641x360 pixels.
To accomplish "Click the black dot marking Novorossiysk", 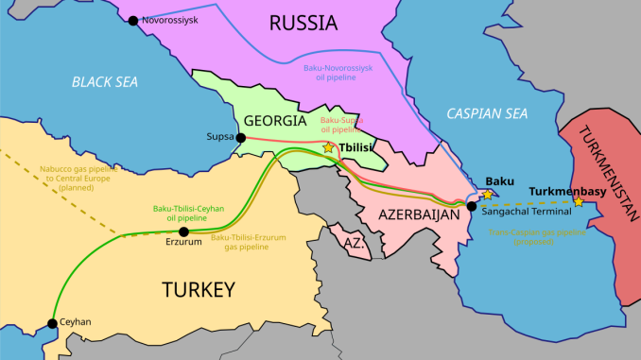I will coord(133,20).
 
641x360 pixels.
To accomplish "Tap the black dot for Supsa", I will coord(241,138).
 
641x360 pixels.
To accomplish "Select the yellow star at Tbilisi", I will coord(329,147).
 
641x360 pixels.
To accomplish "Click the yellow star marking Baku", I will coord(488,194).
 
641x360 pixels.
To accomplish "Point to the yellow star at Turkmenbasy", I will coord(578,201).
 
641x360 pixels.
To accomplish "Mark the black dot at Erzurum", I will coord(183,231).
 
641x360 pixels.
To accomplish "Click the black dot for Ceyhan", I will coord(52,323).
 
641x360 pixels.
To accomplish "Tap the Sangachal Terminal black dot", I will coord(472,206).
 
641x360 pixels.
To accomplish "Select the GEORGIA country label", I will coord(274,121).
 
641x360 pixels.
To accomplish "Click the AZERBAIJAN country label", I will coord(419,215).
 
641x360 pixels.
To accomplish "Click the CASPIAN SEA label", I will coord(487,113).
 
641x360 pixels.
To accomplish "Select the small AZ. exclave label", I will coord(354,243).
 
